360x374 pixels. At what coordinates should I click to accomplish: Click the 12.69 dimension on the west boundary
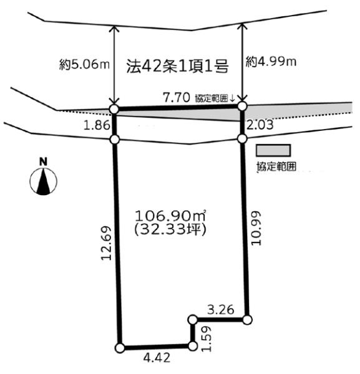pyautogui.click(x=106, y=243)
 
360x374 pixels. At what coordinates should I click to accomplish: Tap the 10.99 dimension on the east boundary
pyautogui.click(x=256, y=228)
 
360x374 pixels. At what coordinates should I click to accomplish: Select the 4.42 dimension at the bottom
pyautogui.click(x=157, y=358)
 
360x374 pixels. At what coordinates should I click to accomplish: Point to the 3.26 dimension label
pyautogui.click(x=220, y=310)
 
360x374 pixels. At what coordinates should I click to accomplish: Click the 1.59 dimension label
pyautogui.click(x=207, y=338)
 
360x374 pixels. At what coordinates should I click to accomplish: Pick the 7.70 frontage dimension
pyautogui.click(x=177, y=97)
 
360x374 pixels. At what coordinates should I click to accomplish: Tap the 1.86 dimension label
pyautogui.click(x=97, y=125)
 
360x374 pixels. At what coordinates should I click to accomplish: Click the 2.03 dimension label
pyautogui.click(x=260, y=125)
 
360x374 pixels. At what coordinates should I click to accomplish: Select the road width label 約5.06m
pyautogui.click(x=84, y=64)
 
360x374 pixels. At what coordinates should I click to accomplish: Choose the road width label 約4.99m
pyautogui.click(x=271, y=62)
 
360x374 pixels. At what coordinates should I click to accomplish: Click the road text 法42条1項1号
pyautogui.click(x=178, y=66)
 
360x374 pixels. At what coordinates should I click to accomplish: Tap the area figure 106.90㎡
pyautogui.click(x=170, y=216)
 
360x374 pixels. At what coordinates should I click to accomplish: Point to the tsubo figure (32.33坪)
pyautogui.click(x=170, y=229)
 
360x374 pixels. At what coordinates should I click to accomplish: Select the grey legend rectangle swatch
pyautogui.click(x=273, y=150)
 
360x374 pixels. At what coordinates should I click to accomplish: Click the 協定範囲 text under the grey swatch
pyautogui.click(x=276, y=166)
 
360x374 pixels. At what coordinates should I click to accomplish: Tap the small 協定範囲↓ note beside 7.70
pyautogui.click(x=215, y=98)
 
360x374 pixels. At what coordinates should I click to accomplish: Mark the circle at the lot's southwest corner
pyautogui.click(x=120, y=348)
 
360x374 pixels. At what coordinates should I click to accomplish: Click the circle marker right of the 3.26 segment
pyautogui.click(x=248, y=320)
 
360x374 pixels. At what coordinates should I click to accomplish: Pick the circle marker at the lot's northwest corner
pyautogui.click(x=114, y=109)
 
